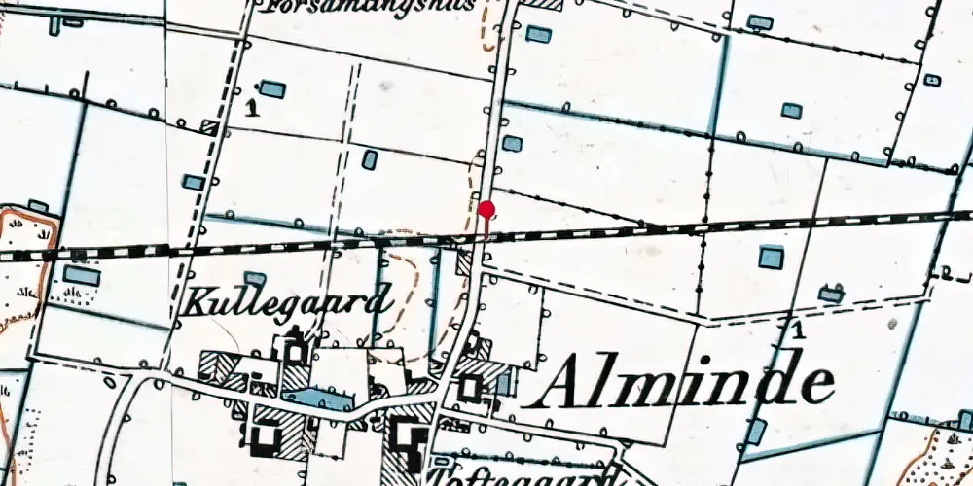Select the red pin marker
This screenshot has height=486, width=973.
486,209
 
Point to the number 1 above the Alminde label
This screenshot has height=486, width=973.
798,330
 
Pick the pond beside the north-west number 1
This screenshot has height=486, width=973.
273,89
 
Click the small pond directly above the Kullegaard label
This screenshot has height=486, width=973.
255,279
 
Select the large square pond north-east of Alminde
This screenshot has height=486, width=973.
771,257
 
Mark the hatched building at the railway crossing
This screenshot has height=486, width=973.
465,263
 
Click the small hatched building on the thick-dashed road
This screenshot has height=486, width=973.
209,125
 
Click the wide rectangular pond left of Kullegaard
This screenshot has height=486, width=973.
82,276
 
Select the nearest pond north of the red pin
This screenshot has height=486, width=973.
513,144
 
